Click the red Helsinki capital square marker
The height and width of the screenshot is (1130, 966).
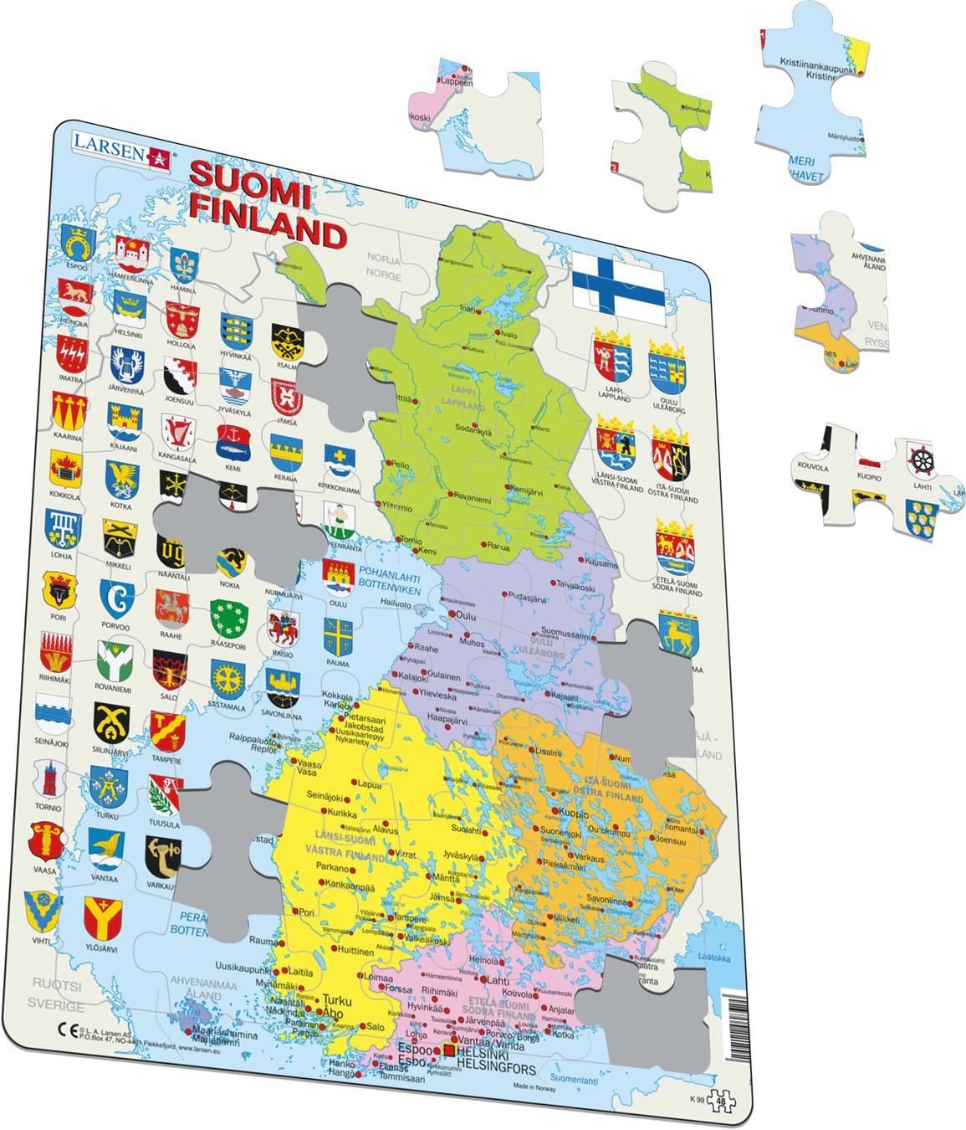pyautogui.click(x=449, y=1050)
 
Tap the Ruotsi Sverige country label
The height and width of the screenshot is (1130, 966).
pyautogui.click(x=56, y=995)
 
